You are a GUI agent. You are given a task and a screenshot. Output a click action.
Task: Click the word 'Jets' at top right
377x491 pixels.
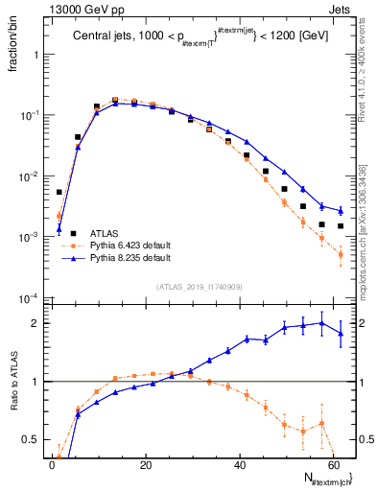[x=341, y=10]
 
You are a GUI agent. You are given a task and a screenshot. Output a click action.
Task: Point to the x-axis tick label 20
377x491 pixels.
[x=145, y=465]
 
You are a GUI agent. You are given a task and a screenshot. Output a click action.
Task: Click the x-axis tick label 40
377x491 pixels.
[x=239, y=465]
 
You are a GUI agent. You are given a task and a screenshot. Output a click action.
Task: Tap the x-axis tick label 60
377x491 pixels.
[x=332, y=465]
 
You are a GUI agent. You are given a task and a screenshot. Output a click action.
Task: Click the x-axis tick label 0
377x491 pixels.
[x=52, y=465]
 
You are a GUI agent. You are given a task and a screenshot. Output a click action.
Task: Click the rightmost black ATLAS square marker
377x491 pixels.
[x=341, y=226]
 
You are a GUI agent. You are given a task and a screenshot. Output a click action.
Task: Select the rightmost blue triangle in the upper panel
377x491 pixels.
[x=341, y=210]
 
